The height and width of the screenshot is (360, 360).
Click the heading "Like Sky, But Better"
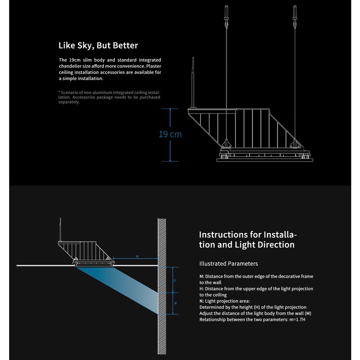98,45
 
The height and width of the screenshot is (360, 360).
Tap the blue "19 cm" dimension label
170,134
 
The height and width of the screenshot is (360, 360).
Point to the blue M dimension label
137,257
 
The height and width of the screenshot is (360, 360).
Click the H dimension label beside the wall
175,280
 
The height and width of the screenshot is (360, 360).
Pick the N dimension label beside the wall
175,303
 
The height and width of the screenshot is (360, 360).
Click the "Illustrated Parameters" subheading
229,264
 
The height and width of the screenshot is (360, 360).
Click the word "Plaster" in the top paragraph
154,66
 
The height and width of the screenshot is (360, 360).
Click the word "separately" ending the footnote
69,102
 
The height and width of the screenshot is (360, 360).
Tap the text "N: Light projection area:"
225,301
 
